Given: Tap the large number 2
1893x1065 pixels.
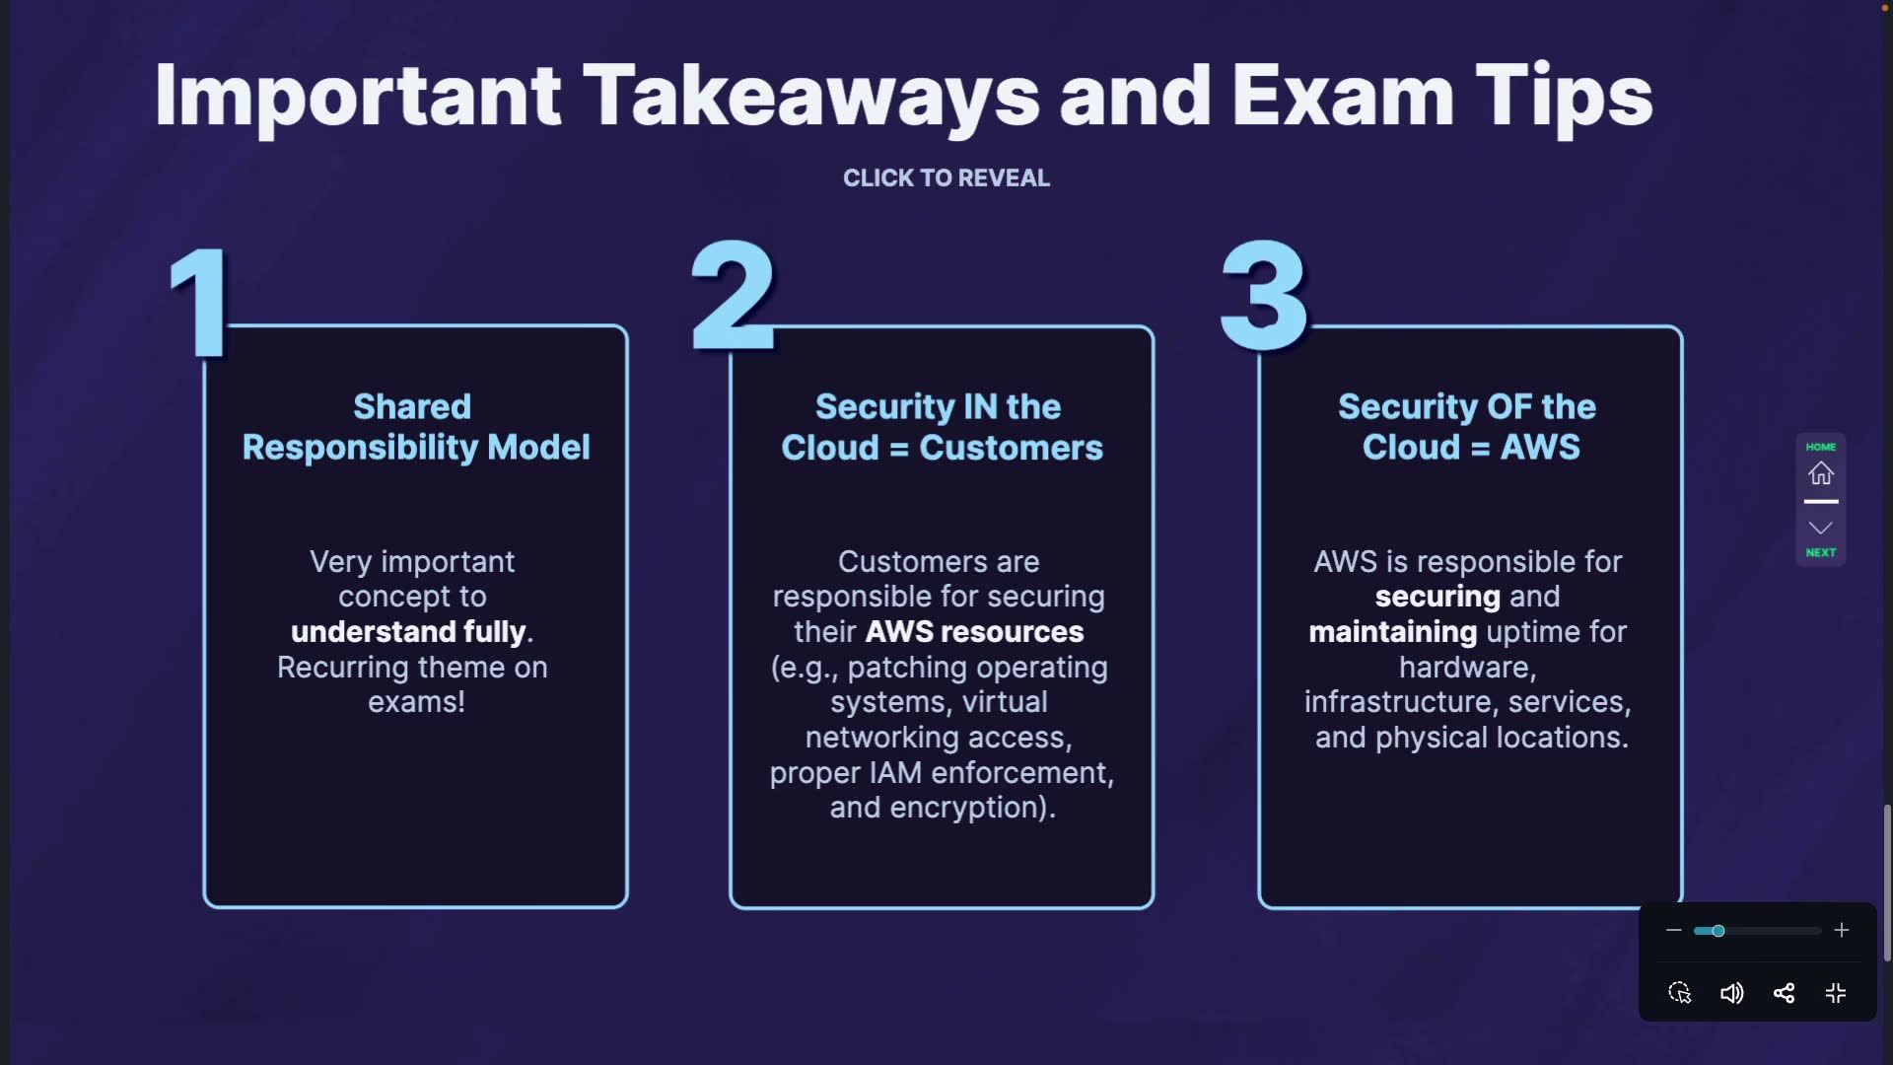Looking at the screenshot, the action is click(x=733, y=296).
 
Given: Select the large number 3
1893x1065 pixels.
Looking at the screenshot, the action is click(x=1264, y=296).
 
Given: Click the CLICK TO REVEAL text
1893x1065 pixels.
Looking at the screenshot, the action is click(x=946, y=178).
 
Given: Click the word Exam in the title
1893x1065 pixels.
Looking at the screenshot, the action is click(x=1343, y=97).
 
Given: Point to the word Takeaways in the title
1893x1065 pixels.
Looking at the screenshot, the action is click(x=810, y=97).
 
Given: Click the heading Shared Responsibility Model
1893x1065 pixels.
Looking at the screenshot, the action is click(x=416, y=427).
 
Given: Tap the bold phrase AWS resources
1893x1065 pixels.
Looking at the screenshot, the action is click(x=974, y=631).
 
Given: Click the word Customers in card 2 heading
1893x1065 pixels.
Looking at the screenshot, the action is click(x=1011, y=448).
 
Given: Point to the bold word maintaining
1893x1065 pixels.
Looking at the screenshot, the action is click(x=1392, y=631).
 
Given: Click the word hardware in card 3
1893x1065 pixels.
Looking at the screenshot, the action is click(x=1465, y=668).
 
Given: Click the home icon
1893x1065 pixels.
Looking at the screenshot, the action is click(x=1821, y=473).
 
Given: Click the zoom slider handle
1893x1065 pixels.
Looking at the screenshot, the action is click(x=1718, y=931).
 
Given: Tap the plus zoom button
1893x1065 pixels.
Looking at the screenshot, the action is click(x=1841, y=930).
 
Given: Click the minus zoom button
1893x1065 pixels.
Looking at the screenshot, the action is click(x=1673, y=930).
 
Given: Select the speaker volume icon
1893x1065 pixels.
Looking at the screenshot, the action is click(x=1731, y=993).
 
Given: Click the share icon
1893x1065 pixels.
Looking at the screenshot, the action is click(x=1784, y=993).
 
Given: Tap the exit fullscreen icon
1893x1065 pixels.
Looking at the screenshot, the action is click(x=1836, y=993).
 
